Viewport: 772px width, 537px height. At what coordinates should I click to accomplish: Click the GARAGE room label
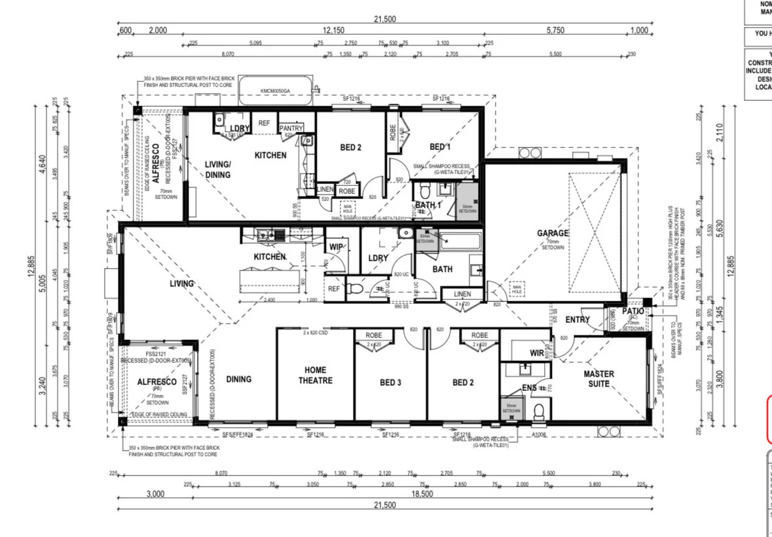(553, 233)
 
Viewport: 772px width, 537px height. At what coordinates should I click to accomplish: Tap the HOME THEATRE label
(316, 375)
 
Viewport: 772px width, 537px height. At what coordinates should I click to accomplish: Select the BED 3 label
(390, 382)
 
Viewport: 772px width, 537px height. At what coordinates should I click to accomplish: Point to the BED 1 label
(439, 147)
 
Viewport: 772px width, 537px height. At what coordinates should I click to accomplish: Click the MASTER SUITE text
(598, 379)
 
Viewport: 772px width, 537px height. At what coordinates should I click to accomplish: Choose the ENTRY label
(577, 320)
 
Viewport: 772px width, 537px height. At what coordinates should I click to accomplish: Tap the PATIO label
(633, 311)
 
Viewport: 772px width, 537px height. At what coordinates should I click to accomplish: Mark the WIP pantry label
(336, 247)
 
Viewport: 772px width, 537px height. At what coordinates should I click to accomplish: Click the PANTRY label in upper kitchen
(290, 128)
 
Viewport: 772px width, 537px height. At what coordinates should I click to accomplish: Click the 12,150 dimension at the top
(333, 31)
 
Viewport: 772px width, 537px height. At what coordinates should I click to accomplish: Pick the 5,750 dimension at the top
(555, 31)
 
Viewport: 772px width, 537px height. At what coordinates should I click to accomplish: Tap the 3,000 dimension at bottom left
(155, 494)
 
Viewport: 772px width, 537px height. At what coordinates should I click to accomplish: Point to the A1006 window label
(539, 434)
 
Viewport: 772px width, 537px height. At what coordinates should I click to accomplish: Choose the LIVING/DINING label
(217, 170)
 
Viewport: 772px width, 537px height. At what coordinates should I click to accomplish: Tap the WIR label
(537, 353)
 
